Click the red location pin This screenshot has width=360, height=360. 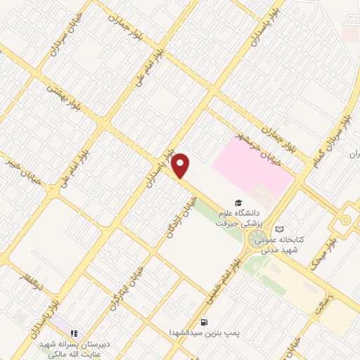181,165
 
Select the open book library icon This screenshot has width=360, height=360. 280,229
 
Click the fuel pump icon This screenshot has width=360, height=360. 204,321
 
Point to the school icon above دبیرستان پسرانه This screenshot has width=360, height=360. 73,333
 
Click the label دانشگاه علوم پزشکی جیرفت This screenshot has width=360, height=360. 241,217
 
